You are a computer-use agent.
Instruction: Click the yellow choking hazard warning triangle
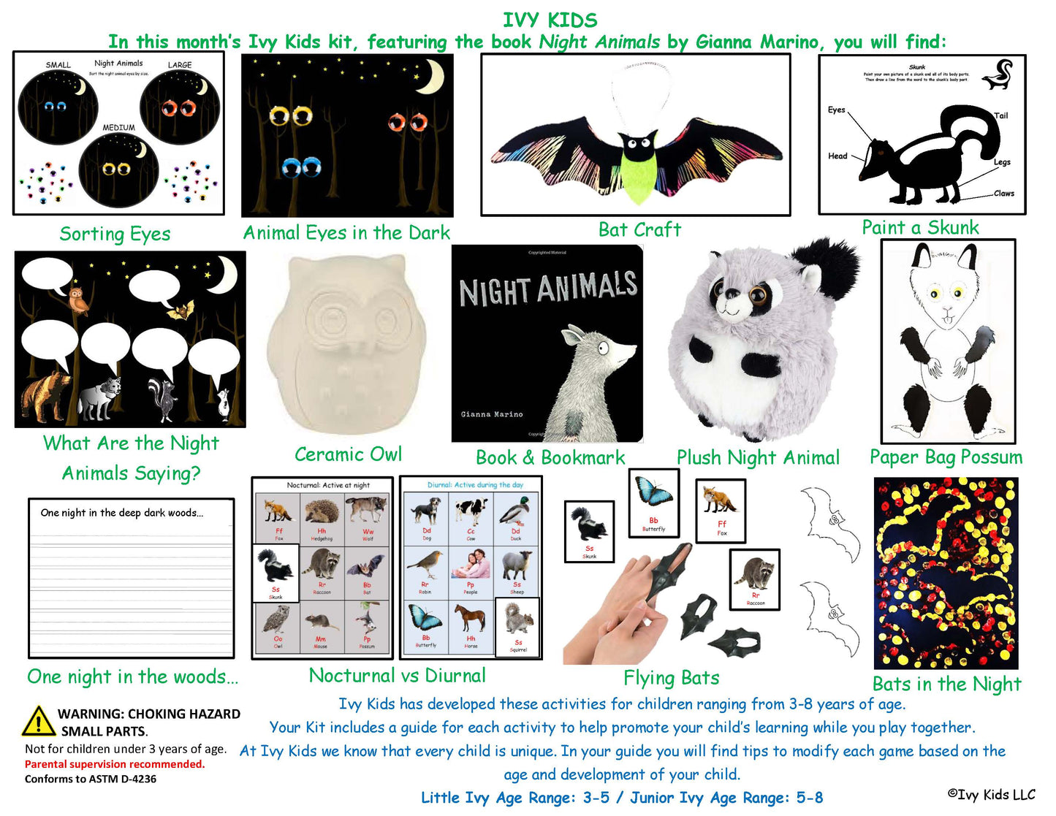(38, 721)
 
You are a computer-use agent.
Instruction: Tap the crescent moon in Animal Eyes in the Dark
(433, 77)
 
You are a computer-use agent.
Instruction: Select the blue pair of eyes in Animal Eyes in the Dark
(301, 167)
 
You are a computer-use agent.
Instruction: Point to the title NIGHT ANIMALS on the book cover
(547, 288)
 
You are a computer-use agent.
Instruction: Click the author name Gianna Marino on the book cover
(492, 414)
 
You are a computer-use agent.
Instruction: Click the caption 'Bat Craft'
(639, 230)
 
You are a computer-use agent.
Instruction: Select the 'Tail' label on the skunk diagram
(1000, 115)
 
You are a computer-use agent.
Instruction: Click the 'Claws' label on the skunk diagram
(1003, 194)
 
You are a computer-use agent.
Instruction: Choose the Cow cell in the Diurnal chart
(471, 519)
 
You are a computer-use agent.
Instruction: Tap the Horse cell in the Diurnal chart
(471, 627)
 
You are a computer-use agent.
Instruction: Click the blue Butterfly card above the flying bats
(653, 503)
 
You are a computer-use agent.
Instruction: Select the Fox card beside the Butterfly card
(721, 511)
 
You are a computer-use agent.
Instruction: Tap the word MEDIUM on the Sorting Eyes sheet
(118, 128)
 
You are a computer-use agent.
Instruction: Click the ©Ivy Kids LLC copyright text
(991, 795)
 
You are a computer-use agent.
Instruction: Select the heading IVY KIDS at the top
(550, 20)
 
